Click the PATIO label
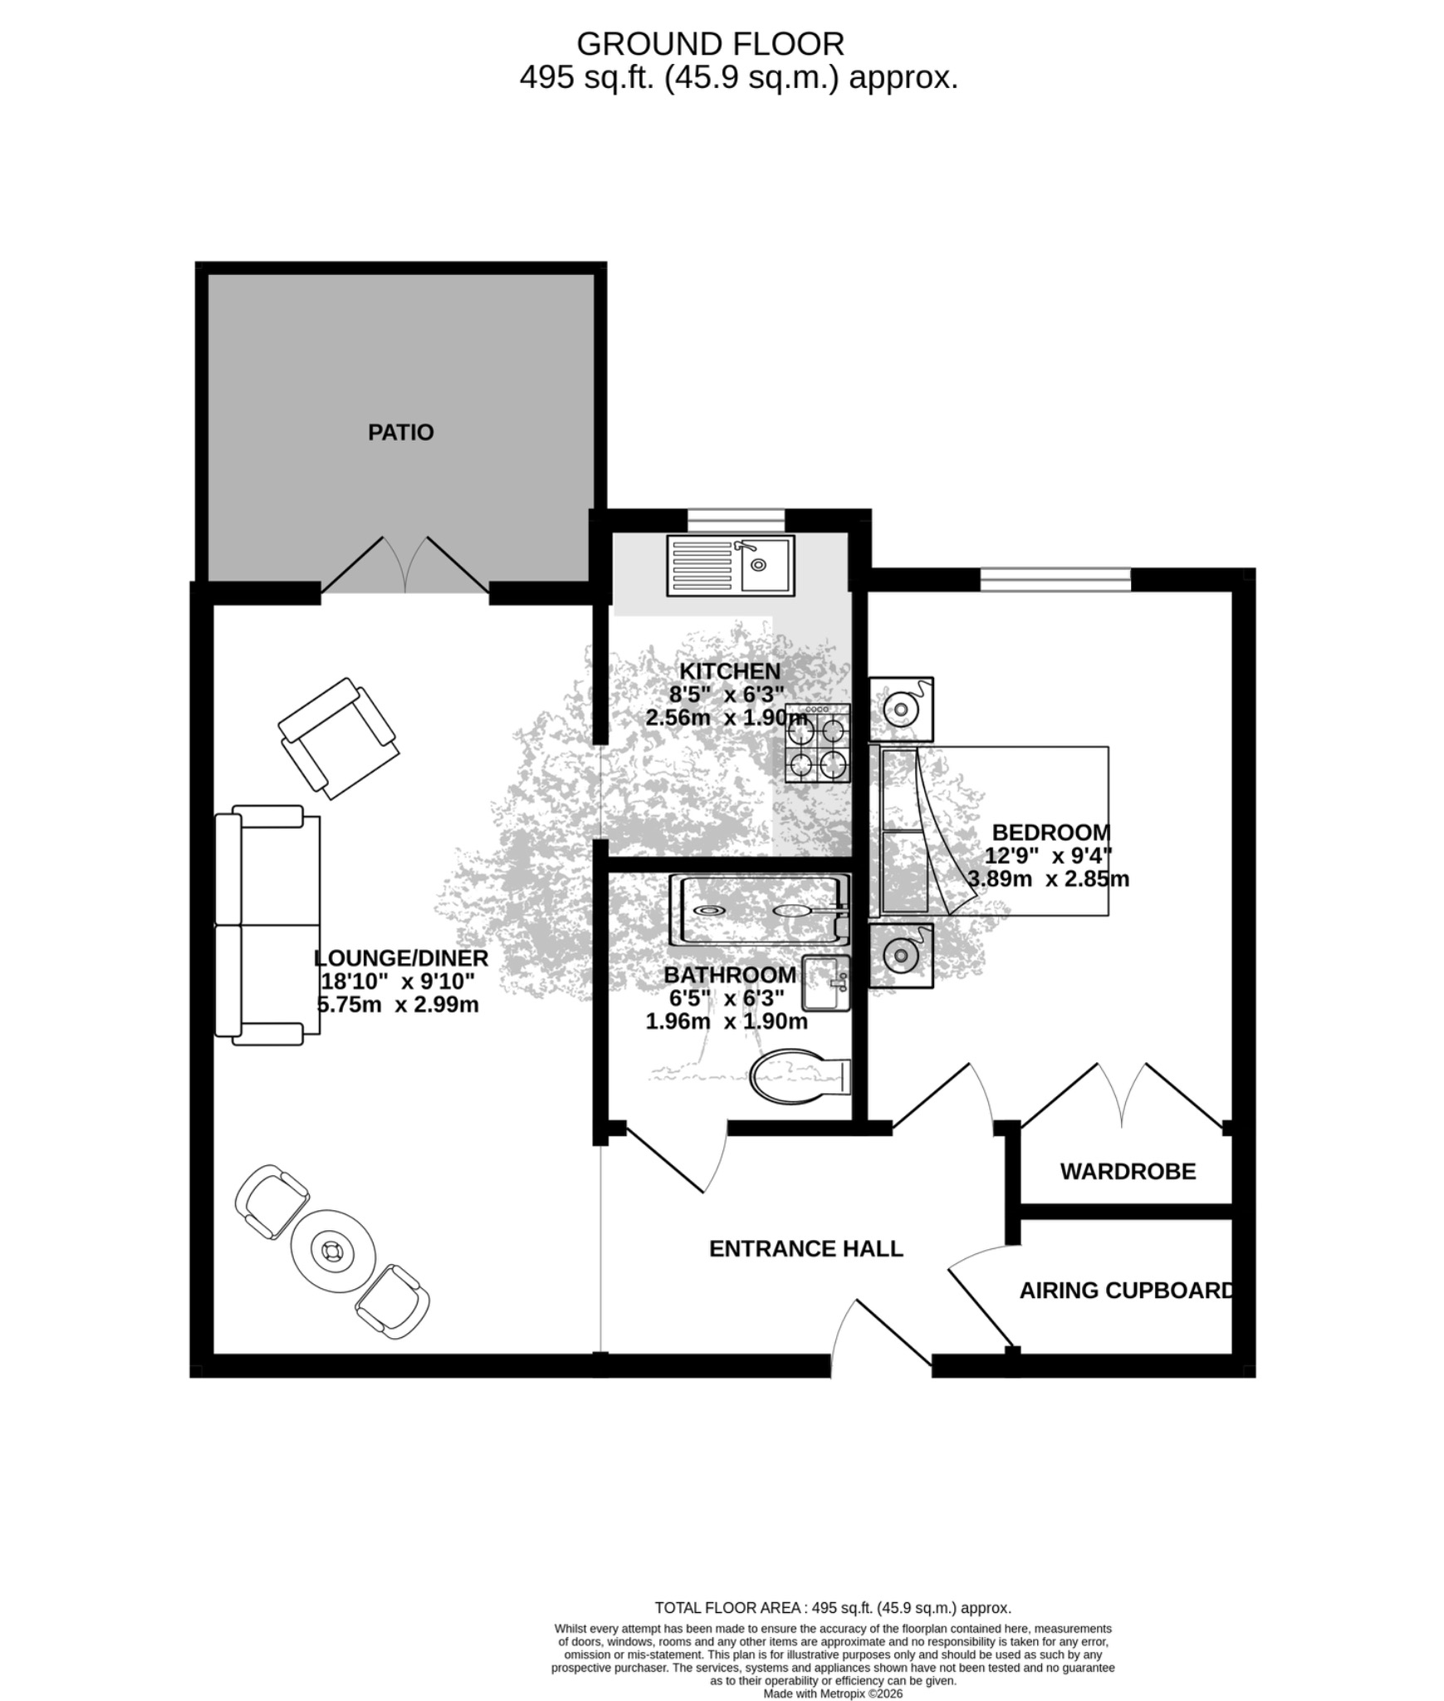pos(400,432)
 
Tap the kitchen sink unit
pos(730,565)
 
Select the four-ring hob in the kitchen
pos(818,743)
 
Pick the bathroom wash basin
pos(825,983)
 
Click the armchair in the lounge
pos(338,738)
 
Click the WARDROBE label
pos(1128,1172)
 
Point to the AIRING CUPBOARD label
pos(1127,1291)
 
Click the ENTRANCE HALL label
pos(805,1248)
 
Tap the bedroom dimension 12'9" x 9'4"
pos(1049,855)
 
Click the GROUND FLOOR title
pos(710,43)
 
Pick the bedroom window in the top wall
pos(1055,579)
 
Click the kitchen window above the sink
pos(737,520)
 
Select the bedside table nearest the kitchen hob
pos(901,709)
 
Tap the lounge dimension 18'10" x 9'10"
pos(398,981)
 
